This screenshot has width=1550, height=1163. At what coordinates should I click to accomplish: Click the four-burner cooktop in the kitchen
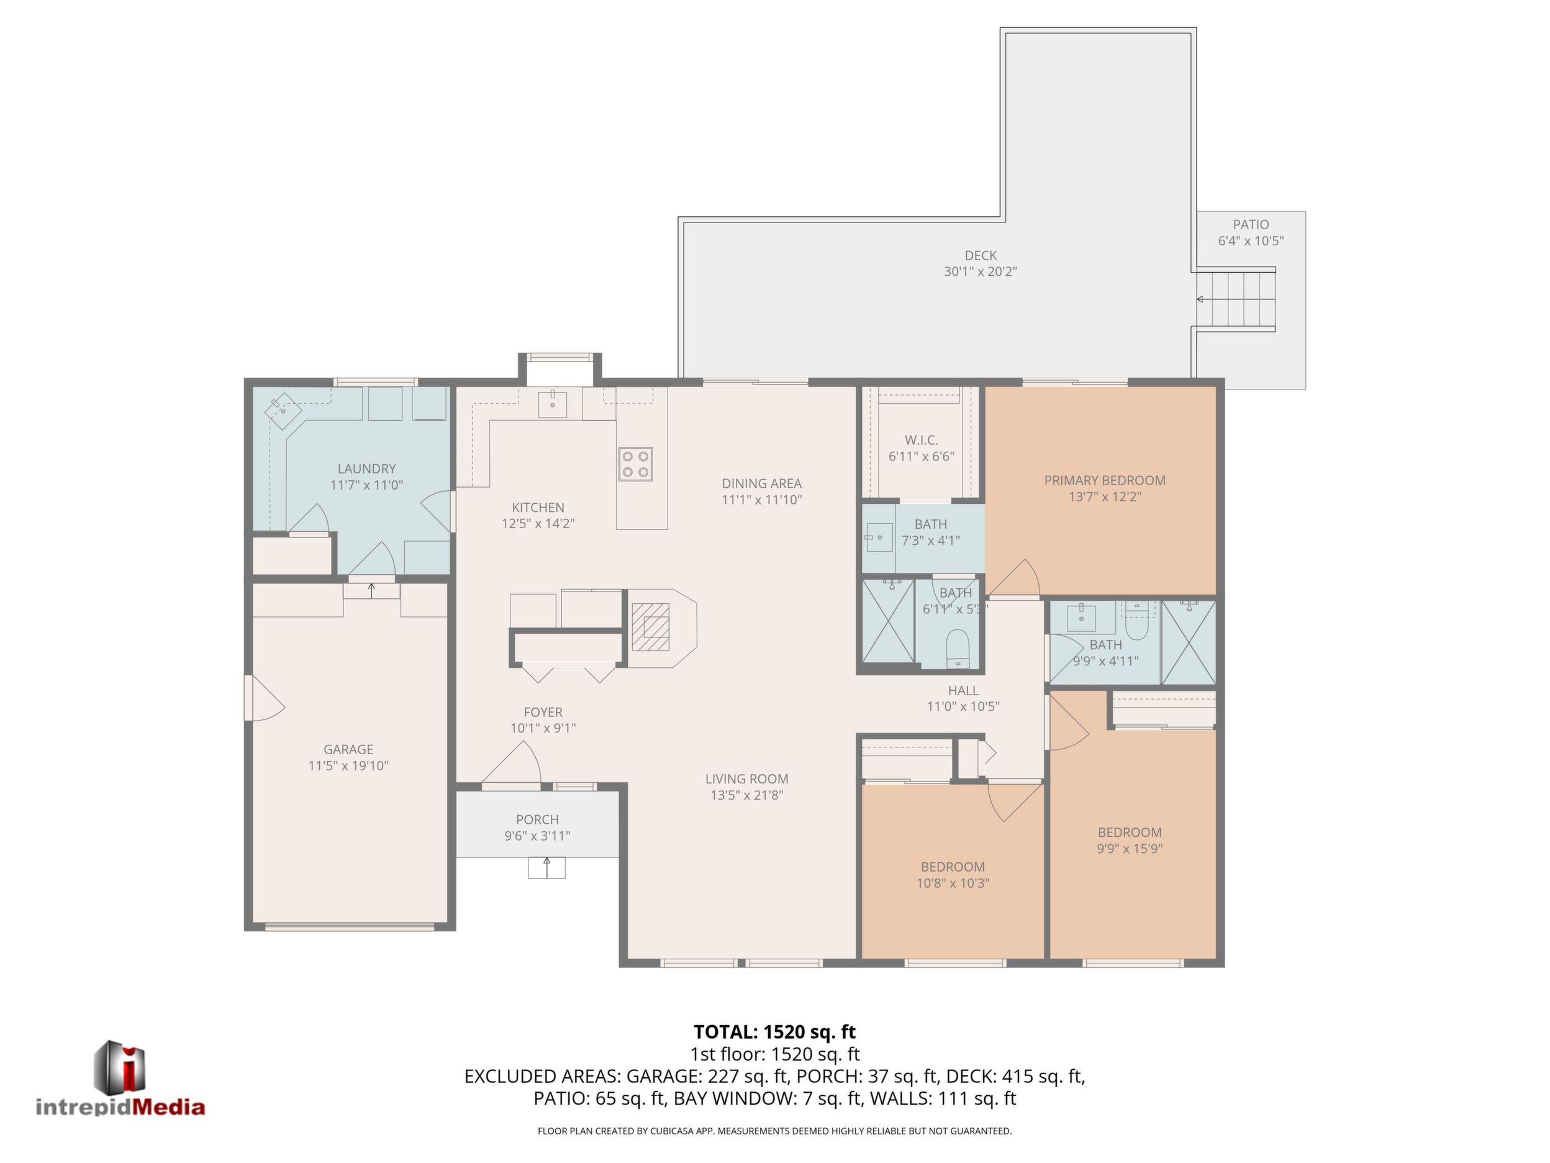click(635, 464)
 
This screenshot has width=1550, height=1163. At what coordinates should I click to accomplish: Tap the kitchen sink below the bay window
click(552, 404)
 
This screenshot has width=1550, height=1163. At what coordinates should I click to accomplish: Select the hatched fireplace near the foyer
click(651, 627)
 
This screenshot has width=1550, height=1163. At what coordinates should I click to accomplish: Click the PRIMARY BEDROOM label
click(1104, 480)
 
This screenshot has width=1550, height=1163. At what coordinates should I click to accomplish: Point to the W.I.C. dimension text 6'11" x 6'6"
click(921, 457)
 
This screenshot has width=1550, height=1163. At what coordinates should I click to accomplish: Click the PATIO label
click(1251, 224)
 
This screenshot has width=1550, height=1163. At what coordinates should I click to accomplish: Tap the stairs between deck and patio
click(1235, 299)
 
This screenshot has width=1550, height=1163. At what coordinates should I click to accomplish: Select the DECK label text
click(981, 255)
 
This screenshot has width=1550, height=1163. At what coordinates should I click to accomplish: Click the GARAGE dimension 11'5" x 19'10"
click(348, 765)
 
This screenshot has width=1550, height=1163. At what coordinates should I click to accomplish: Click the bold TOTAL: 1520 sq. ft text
click(774, 1032)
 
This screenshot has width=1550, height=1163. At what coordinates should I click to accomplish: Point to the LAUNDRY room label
click(366, 468)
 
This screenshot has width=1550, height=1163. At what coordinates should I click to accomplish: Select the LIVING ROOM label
click(746, 778)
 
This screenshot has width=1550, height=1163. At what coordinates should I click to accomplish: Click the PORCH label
click(537, 819)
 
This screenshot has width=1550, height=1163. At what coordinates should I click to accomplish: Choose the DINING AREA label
click(762, 483)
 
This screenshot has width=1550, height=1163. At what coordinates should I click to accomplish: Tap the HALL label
click(963, 690)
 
